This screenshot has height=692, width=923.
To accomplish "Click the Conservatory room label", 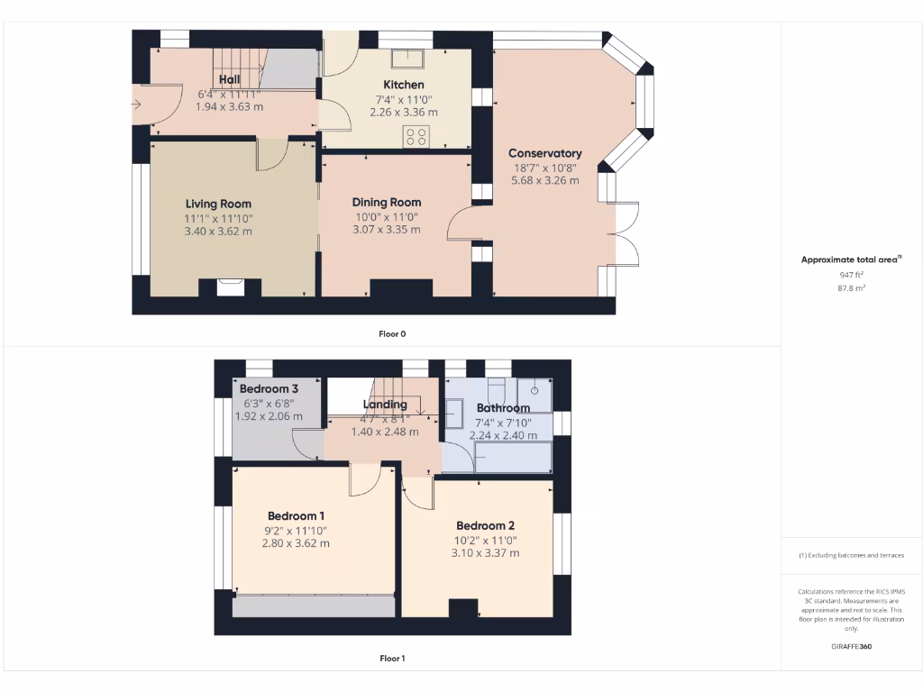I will (544, 153).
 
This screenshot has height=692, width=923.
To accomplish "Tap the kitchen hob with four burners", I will (416, 137).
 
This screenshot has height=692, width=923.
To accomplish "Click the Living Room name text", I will (218, 204).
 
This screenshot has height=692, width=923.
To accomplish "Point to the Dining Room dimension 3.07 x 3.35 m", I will (386, 230).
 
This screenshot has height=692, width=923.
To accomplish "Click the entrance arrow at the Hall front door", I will (137, 105).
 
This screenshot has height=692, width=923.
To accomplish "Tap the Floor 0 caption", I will (392, 333).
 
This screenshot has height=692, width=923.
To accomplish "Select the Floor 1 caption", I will (392, 659).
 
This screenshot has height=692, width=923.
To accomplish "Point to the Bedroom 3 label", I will (268, 389).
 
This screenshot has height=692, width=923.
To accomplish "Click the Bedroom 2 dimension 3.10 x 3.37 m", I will (485, 553).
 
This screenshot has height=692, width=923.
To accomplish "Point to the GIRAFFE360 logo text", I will (852, 646).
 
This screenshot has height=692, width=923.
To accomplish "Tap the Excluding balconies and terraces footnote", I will (852, 555).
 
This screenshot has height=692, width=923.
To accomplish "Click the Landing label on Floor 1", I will (386, 405).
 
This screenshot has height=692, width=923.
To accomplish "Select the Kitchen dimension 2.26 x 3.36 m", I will (404, 113).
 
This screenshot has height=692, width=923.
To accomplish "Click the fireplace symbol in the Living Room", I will (230, 287).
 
